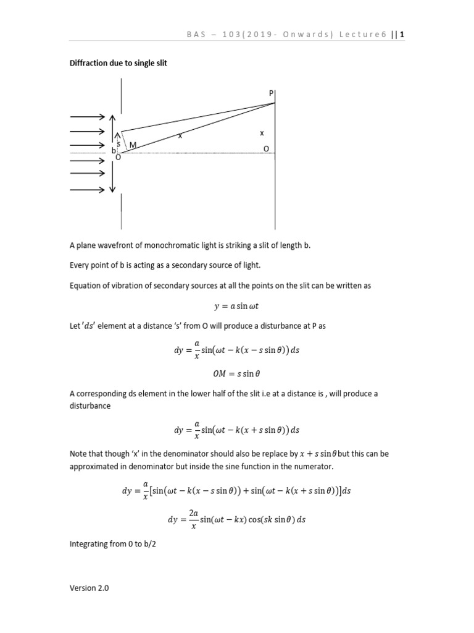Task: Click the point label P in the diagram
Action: click(x=270, y=93)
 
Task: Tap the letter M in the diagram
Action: click(x=132, y=145)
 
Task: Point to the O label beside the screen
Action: click(x=266, y=149)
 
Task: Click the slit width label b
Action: click(x=114, y=151)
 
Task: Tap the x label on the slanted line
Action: click(x=180, y=135)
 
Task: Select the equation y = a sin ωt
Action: click(x=236, y=305)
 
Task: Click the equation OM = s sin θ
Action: click(x=236, y=373)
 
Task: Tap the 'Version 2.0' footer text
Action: click(x=89, y=588)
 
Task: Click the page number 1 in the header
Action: click(x=402, y=35)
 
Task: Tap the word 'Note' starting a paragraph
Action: click(x=78, y=454)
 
